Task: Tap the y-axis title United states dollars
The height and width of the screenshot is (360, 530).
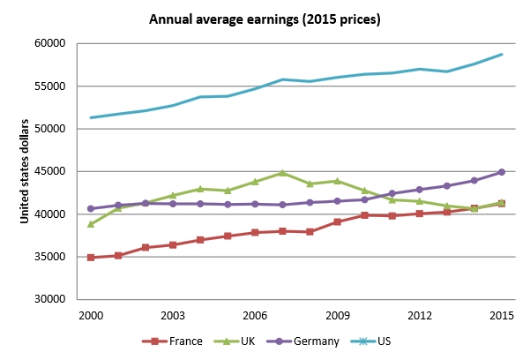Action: point(26,170)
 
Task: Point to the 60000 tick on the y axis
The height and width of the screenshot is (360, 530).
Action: point(51,43)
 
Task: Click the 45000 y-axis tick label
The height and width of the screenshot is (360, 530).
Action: point(51,171)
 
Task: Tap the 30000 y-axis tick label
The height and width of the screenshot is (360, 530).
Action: point(51,299)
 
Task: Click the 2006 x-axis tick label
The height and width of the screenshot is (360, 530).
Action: point(255,315)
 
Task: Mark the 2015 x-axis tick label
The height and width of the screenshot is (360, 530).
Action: point(501,315)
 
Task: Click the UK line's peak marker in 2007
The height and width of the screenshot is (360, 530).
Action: point(282,173)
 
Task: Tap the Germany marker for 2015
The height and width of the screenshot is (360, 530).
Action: point(501,172)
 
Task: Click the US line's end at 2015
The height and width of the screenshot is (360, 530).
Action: point(501,55)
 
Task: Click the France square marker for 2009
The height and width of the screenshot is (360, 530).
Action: point(337,221)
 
